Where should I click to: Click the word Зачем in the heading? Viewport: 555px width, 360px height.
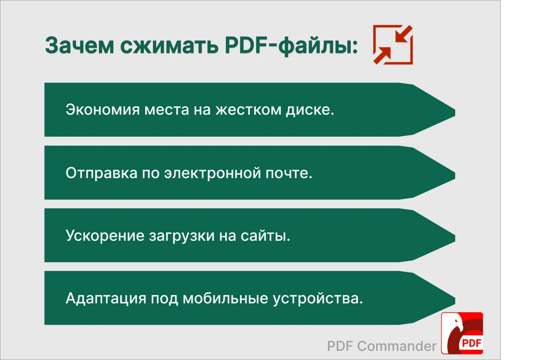coord(80,45)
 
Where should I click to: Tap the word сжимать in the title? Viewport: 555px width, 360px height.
coord(169,45)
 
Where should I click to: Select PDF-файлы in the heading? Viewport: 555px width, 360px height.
coord(291,46)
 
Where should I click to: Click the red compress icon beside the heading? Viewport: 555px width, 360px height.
coord(393,45)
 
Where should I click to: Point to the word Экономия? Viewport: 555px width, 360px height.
coord(103,109)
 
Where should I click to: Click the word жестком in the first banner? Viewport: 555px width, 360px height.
coord(248,109)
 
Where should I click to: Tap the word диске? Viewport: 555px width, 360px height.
coord(310,110)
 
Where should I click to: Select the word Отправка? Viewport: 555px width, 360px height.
coord(102,173)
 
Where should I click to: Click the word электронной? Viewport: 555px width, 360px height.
coord(213,173)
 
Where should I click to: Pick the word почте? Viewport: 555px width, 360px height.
coord(289,173)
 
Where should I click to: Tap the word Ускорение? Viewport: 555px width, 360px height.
coord(105,236)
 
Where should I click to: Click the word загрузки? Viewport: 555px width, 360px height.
coord(182,236)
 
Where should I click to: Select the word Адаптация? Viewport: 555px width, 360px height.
coord(106,298)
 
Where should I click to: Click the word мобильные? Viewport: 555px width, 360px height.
coord(226,298)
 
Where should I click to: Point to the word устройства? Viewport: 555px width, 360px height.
coord(318,298)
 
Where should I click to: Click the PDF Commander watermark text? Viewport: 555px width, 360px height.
coord(382,346)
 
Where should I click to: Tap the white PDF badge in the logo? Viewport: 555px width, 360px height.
coord(471,343)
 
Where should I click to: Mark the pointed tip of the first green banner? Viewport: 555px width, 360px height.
coord(455,112)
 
